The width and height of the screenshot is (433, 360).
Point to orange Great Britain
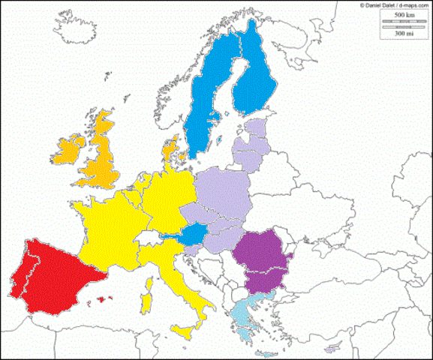point(101,161)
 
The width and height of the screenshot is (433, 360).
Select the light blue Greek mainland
point(244,315)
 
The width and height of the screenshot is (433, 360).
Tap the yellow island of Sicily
point(184,330)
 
